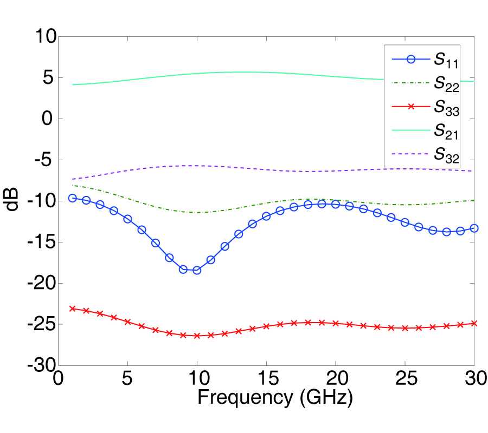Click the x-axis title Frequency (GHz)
click(275, 399)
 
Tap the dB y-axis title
click(15, 201)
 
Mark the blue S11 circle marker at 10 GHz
click(197, 270)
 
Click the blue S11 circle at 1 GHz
click(73, 198)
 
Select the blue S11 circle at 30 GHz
click(474, 228)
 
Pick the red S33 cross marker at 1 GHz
click(73, 309)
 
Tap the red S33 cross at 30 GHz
click(474, 323)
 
